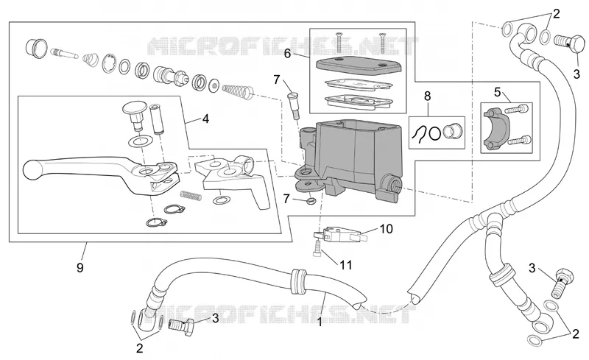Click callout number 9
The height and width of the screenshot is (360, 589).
(x=80, y=267)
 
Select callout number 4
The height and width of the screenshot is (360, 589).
(x=205, y=119)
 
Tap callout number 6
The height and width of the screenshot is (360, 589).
(x=287, y=54)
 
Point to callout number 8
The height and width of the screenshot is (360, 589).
(x=428, y=96)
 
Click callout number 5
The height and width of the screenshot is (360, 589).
(x=498, y=92)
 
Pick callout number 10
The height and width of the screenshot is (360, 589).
(x=386, y=228)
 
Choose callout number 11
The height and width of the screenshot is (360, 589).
(x=345, y=265)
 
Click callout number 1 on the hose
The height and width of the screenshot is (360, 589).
(x=320, y=322)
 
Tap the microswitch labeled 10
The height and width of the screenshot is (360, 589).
(x=336, y=233)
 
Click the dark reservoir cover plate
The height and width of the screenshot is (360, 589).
(x=359, y=66)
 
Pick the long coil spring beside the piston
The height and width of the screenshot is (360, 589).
(x=238, y=91)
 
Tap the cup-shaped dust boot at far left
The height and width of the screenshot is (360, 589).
(x=36, y=48)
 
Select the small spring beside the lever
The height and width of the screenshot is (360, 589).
(x=191, y=195)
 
